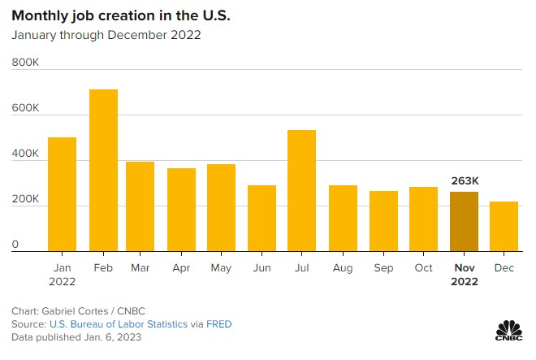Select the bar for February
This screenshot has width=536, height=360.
[x=103, y=170]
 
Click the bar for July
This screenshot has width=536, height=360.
[x=301, y=190]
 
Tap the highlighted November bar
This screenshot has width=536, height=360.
[x=465, y=221]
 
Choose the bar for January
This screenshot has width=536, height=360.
[x=63, y=194]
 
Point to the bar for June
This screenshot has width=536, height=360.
[x=262, y=218]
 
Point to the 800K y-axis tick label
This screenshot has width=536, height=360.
[x=25, y=62]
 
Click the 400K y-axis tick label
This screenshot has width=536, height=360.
[x=25, y=154]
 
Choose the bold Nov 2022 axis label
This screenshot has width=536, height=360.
[x=465, y=275]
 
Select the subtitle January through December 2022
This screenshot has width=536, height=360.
[x=106, y=35]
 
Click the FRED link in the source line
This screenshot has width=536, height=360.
[x=218, y=324]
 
